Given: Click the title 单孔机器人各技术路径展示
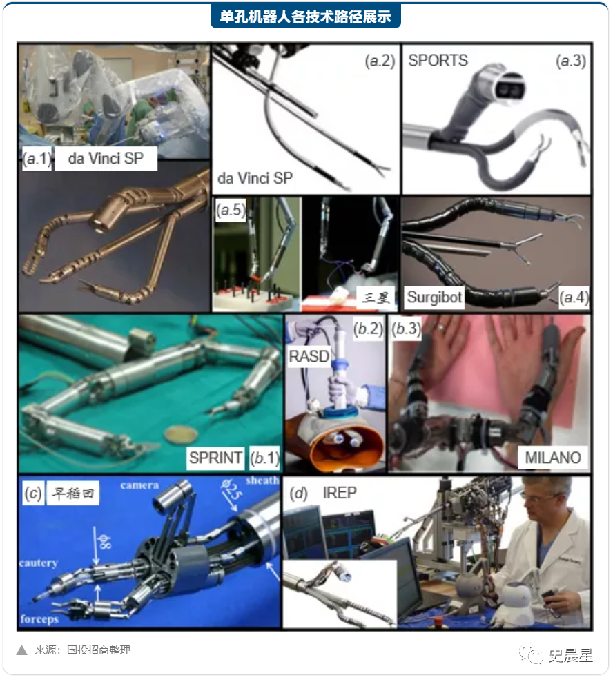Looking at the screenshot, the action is click(x=305, y=17).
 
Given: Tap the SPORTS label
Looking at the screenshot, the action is click(x=438, y=61).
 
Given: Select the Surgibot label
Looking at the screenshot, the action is click(x=434, y=297).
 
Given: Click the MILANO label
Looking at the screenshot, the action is click(x=553, y=458).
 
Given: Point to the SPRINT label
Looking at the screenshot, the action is click(x=216, y=458).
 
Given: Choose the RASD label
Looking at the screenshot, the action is click(x=309, y=356).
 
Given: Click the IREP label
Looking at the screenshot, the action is click(x=340, y=493).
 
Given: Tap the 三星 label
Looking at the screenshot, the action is click(x=376, y=298).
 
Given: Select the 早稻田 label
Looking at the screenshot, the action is click(x=72, y=494).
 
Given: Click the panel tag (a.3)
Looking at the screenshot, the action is click(x=571, y=61).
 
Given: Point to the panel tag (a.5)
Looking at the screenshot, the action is click(x=231, y=210).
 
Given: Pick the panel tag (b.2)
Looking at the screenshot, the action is click(x=368, y=329).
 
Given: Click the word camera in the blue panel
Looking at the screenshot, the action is click(x=139, y=485).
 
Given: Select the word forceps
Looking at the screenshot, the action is click(x=39, y=619).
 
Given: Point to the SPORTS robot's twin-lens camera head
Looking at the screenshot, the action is click(x=503, y=86).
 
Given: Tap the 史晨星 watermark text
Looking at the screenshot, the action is click(x=570, y=655).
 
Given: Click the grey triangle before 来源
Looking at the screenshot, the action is click(x=22, y=650).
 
